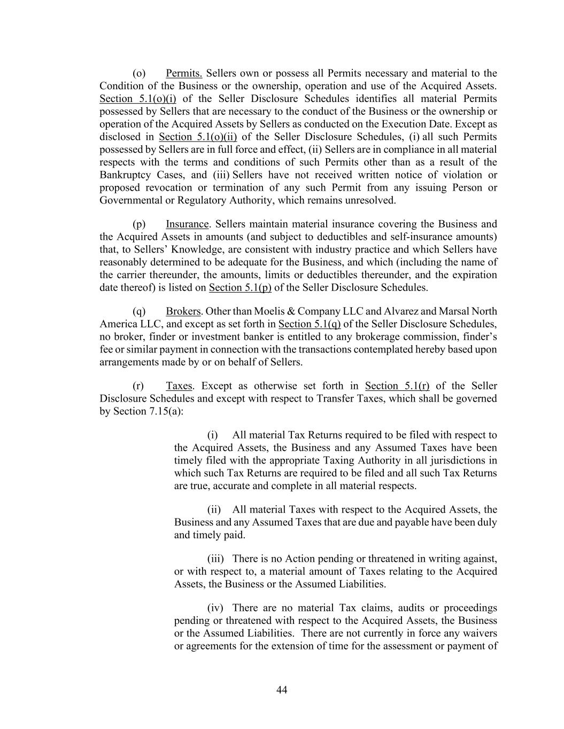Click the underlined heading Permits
pos(183,73)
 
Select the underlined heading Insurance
pos(187,224)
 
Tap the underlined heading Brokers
pos(183,311)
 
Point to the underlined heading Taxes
pos(179,386)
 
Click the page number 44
pos(282,690)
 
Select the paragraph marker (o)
pos(139,73)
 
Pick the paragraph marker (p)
pos(139,224)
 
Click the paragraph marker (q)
pos(139,311)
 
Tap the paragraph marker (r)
pos(138,386)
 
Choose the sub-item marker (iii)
pos(215,559)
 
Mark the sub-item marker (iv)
pos(215,608)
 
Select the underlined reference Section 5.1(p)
pos(240,288)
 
